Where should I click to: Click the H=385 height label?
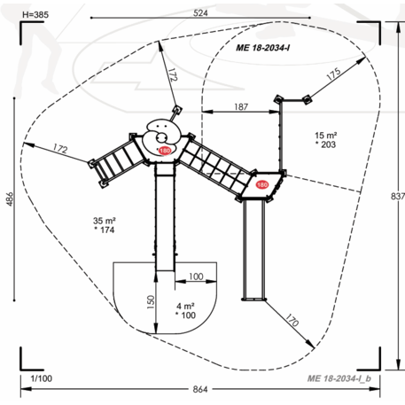coord(35,15)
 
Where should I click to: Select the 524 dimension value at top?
coord(200,13)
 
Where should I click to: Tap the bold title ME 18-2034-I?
coord(262,48)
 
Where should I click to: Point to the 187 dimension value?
coord(241,106)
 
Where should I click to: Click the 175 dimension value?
coord(333,74)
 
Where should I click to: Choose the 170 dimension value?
coord(292,320)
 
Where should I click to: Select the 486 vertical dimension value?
coord(10,199)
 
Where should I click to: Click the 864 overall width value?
coord(200,389)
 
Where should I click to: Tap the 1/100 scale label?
coord(42,378)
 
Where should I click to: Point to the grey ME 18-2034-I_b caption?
coord(339,378)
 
